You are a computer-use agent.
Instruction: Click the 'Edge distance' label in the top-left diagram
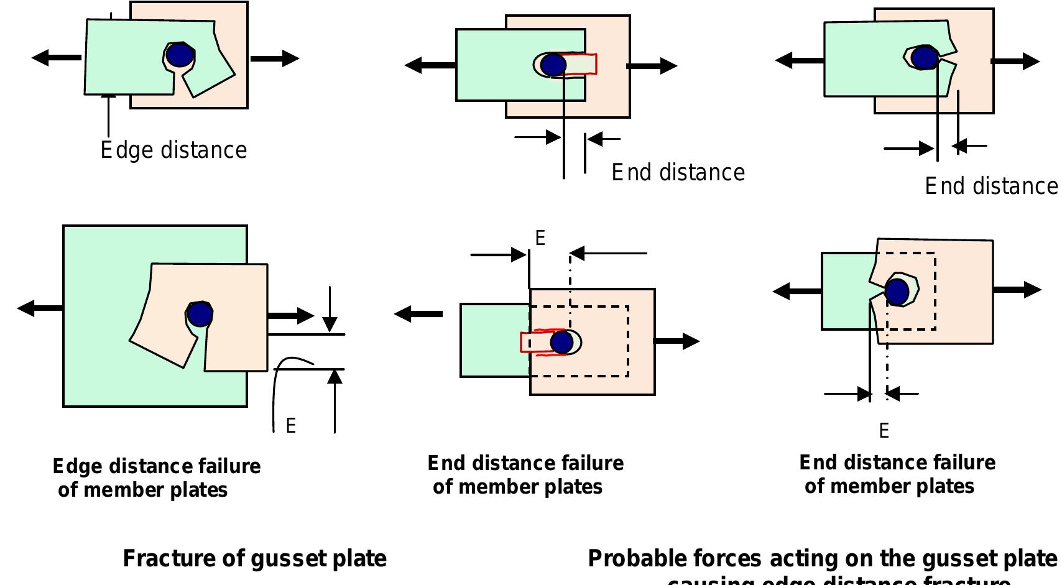[174, 150]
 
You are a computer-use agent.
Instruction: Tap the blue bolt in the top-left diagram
[180, 55]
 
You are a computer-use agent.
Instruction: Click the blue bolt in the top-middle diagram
[552, 64]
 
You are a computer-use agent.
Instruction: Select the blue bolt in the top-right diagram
[925, 58]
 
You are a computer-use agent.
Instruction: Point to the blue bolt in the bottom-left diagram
[200, 315]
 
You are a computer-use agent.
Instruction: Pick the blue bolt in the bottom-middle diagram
[561, 343]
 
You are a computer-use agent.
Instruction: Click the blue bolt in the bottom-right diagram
[897, 292]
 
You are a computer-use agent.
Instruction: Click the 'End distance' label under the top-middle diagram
[678, 173]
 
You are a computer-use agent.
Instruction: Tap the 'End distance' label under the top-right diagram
[990, 187]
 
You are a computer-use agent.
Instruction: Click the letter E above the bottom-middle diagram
[540, 238]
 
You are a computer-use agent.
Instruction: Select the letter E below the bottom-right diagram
[884, 431]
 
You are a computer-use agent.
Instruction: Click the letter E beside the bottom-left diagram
[290, 426]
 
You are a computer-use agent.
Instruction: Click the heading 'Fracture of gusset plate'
[254, 558]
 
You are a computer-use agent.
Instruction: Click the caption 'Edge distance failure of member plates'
[155, 477]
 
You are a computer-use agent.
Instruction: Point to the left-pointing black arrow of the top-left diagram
[56, 58]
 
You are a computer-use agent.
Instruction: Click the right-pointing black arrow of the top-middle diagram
[652, 65]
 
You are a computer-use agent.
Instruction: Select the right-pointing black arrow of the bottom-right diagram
[1017, 290]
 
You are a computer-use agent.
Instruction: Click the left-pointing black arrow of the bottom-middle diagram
[418, 314]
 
